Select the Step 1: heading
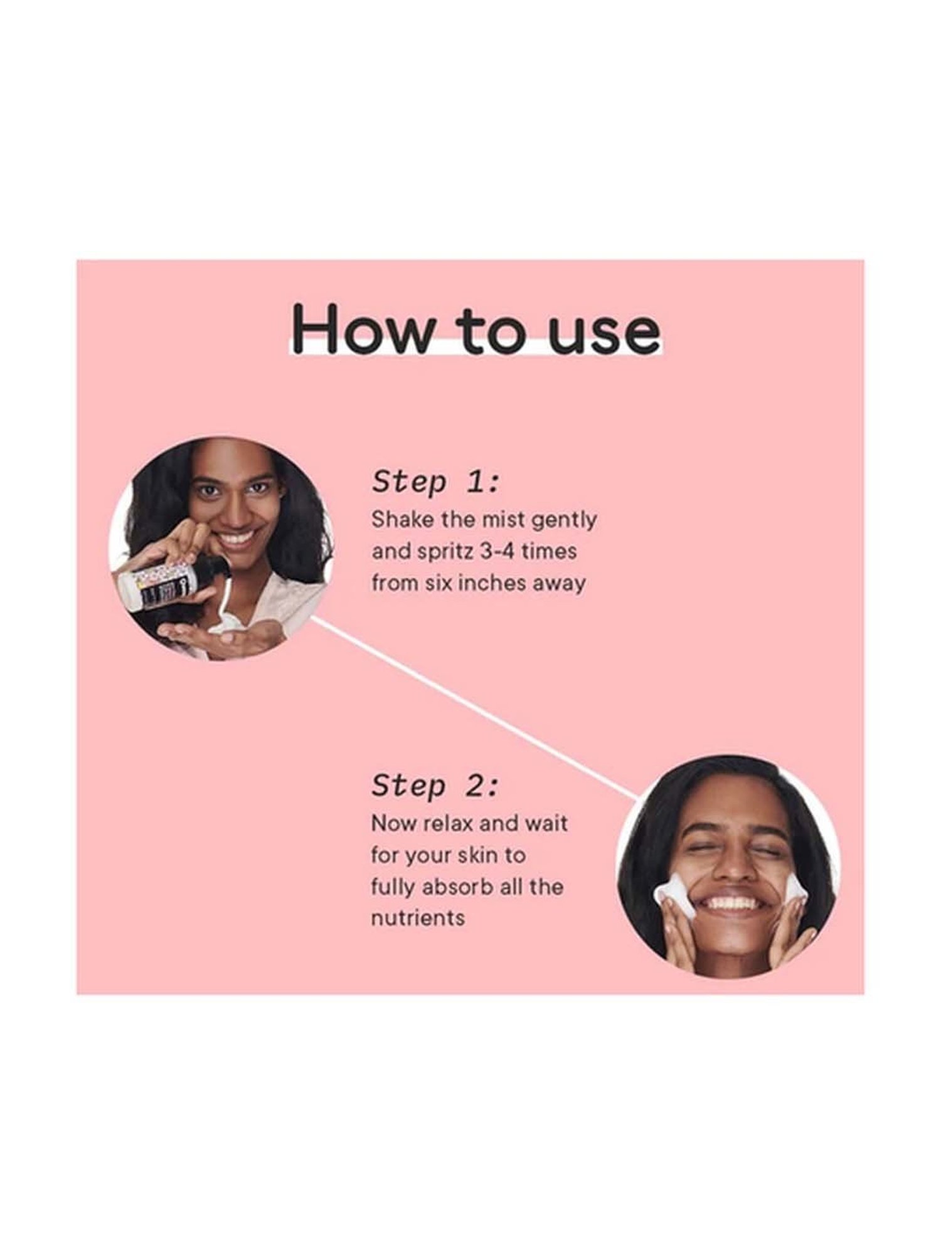(x=437, y=483)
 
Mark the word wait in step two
(x=546, y=823)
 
